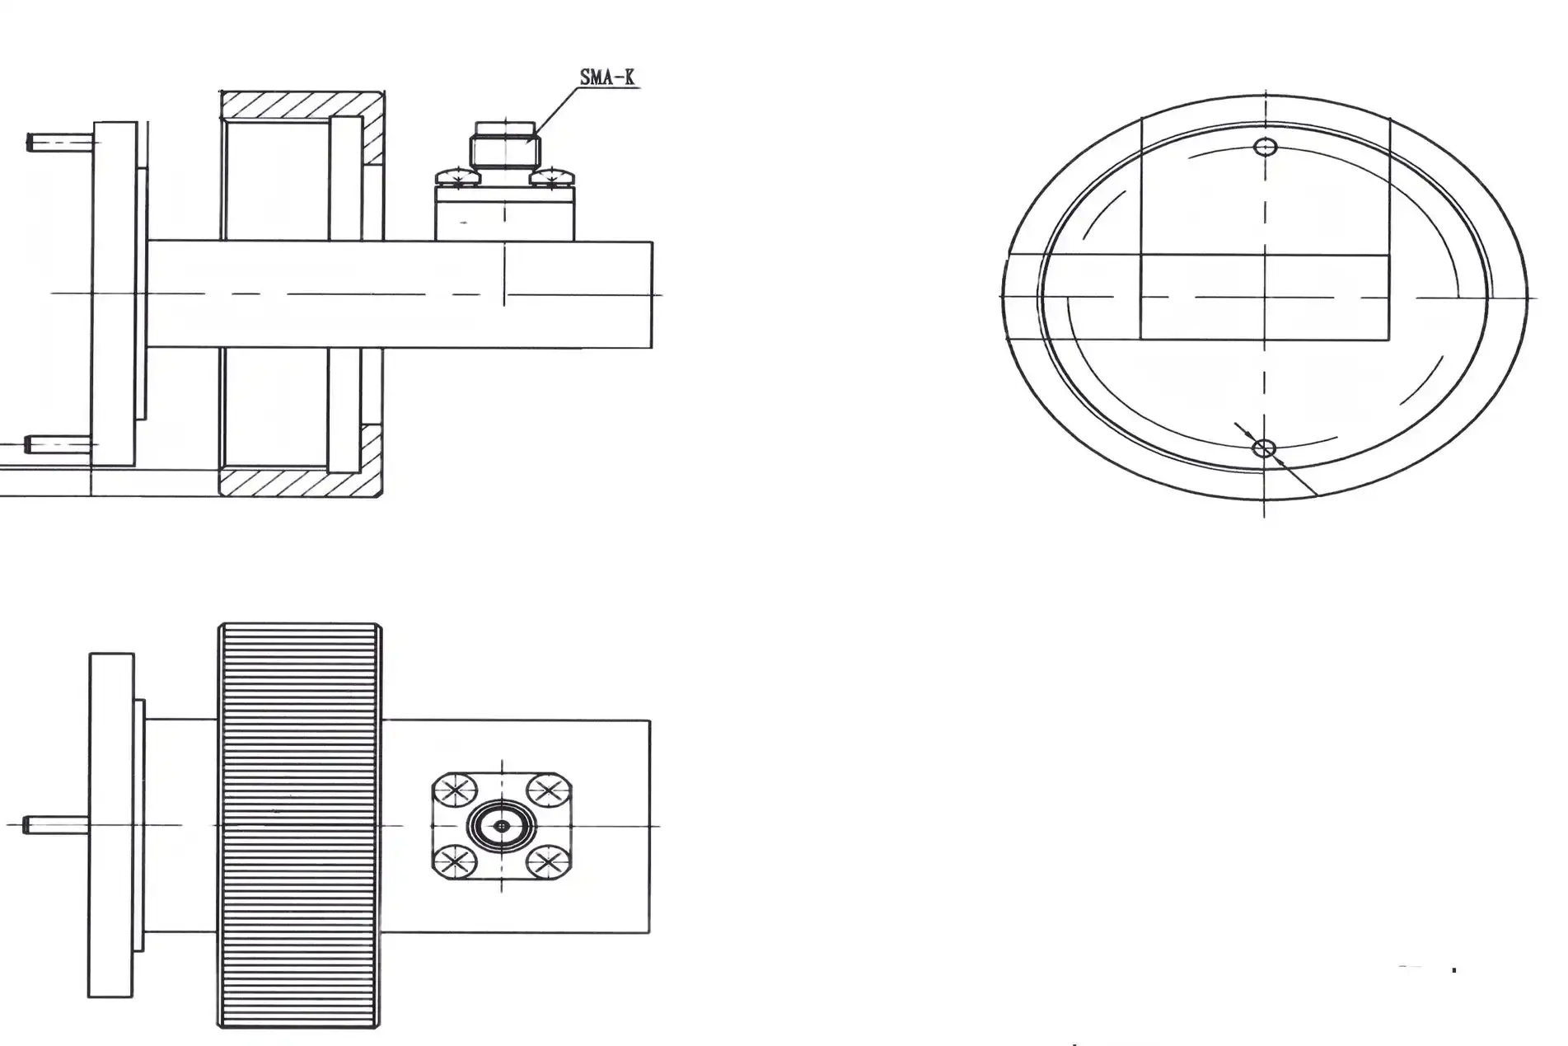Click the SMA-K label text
point(607,77)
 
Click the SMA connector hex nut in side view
point(503,151)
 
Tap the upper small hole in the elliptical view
point(1265,148)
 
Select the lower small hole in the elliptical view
point(1263,448)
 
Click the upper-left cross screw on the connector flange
point(454,791)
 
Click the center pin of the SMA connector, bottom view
point(501,826)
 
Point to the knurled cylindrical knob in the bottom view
point(300,825)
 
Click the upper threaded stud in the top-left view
point(58,143)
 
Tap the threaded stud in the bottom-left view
point(54,824)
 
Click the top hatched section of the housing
point(301,105)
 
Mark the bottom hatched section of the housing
point(301,483)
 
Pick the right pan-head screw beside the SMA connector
point(552,176)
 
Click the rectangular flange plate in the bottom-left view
point(111,825)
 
